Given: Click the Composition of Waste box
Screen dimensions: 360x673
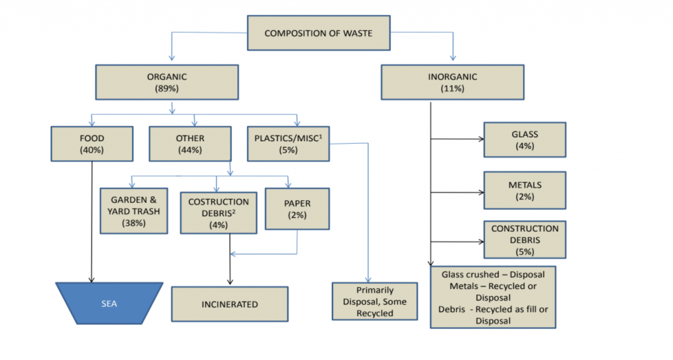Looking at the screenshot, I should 317,33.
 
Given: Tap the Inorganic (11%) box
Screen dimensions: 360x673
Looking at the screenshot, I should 453,82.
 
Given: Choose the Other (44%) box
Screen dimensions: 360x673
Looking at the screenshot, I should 191,144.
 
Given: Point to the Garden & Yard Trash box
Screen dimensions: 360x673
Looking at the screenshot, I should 133,211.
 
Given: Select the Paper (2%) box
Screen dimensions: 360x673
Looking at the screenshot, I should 296,209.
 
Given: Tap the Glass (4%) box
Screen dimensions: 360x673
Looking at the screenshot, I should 524,139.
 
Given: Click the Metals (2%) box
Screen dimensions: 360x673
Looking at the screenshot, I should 524,190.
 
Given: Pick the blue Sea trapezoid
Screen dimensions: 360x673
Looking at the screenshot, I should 109,303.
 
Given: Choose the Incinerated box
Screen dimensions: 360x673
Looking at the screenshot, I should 229,304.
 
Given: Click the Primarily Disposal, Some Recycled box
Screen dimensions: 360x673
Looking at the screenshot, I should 375,302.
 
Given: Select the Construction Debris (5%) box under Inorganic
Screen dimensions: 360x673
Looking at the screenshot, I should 524,240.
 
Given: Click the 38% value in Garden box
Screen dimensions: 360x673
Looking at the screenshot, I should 133,223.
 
